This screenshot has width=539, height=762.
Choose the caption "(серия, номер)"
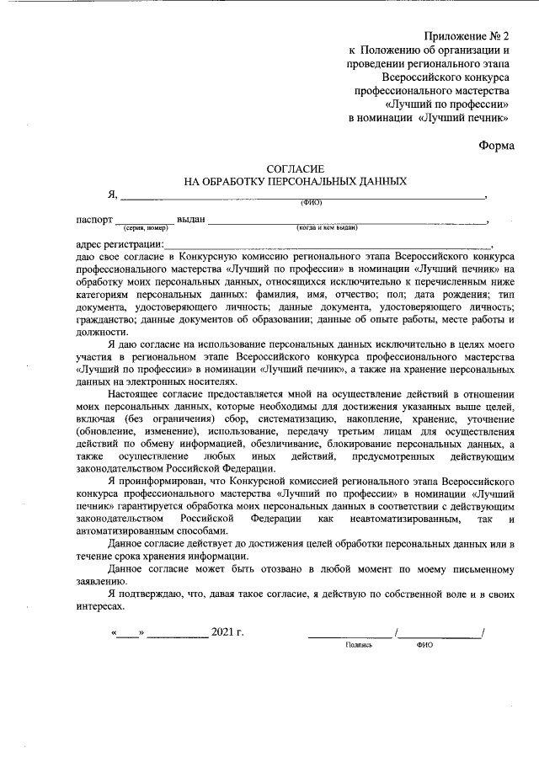(146, 228)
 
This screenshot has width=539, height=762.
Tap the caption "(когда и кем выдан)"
(327, 228)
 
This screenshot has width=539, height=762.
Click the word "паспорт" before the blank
(93, 219)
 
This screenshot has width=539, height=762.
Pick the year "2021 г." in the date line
(227, 631)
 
